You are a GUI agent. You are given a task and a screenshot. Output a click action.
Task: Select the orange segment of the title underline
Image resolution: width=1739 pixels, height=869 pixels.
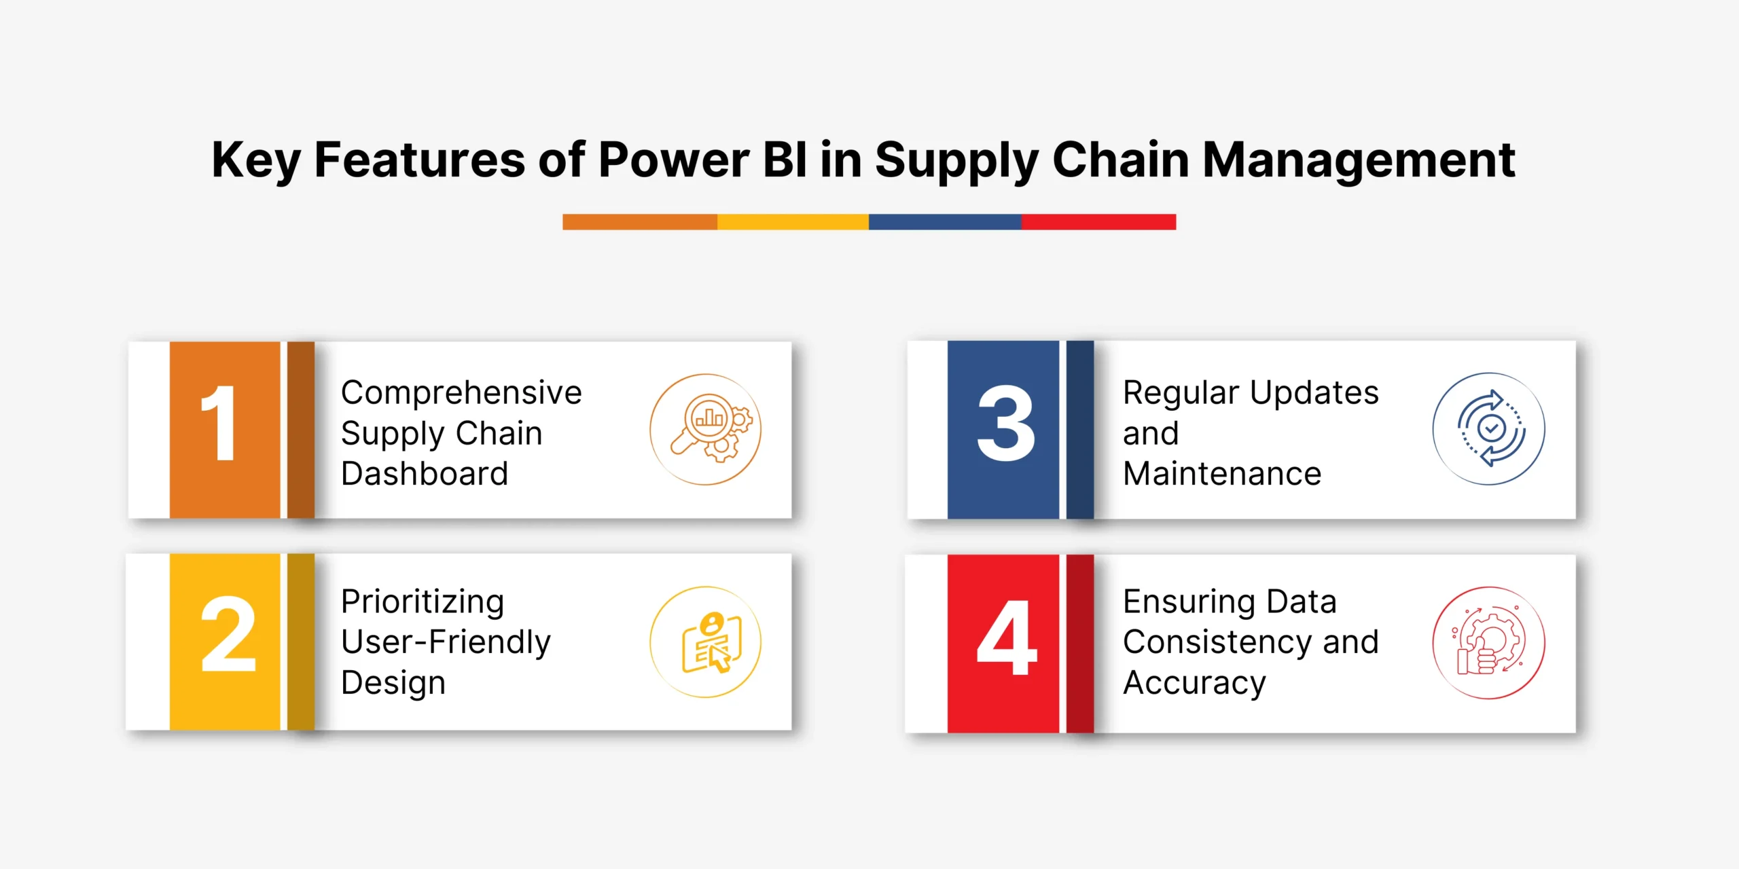640,222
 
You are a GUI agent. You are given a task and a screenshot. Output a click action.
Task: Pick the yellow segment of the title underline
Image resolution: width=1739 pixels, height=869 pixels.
793,222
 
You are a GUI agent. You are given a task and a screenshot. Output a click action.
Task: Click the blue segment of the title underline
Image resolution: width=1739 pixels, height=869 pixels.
945,222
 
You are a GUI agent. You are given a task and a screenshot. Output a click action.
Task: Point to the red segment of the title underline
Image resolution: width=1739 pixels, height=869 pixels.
1098,222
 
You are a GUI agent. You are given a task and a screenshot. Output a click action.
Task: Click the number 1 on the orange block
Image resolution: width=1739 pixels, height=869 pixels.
219,422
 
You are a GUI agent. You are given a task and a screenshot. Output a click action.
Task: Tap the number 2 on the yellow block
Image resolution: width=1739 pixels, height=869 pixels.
228,634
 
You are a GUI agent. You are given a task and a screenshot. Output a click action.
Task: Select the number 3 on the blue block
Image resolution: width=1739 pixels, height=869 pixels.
1006,422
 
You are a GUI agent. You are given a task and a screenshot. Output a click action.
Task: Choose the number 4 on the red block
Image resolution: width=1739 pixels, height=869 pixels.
1007,637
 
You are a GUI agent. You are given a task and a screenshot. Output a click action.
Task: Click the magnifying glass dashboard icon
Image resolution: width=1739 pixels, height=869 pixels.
706,429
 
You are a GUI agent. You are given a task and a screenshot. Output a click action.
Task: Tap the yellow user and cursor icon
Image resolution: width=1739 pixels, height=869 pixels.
706,642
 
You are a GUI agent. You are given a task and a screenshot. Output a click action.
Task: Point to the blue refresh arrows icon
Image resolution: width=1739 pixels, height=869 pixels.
1489,428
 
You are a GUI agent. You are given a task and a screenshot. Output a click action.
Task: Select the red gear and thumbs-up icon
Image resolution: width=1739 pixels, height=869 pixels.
1489,642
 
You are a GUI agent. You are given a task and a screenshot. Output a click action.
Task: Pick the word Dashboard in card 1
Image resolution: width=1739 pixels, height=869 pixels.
425,473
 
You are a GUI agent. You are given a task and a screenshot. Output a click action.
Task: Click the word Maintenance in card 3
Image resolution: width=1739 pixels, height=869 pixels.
1222,473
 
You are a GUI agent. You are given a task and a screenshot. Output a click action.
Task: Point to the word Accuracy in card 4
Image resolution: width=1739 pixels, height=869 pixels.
1194,684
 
